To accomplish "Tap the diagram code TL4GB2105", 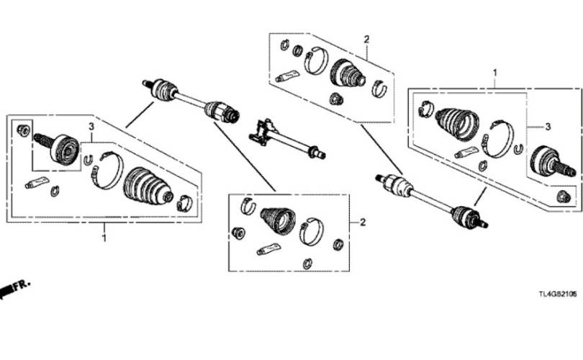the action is (558, 294).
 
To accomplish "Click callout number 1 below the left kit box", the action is (104, 238).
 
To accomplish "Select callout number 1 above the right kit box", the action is (495, 73).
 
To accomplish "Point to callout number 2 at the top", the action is (366, 39).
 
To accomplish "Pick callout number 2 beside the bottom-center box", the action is (363, 222).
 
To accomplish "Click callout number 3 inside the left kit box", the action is (91, 127).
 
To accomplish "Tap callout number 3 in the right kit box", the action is (548, 127).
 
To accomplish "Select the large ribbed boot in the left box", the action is (148, 186).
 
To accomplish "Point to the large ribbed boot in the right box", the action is (457, 125).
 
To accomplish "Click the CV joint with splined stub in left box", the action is (57, 149).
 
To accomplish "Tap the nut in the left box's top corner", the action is (24, 130).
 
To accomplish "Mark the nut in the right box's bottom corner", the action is (564, 197).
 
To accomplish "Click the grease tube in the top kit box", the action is (287, 76).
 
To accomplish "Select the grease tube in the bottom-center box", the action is (268, 249).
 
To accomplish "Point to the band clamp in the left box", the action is (107, 171).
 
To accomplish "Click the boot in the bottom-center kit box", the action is (278, 221).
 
